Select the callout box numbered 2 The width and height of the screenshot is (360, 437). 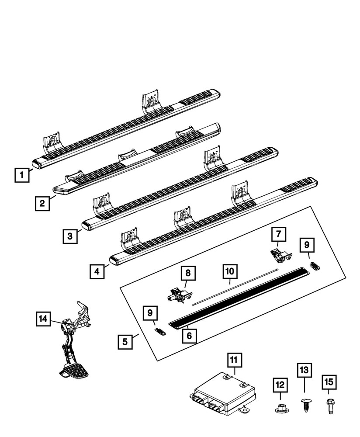click(x=42, y=203)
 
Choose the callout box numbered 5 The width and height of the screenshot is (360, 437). click(x=125, y=341)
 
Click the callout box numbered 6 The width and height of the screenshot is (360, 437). click(x=190, y=335)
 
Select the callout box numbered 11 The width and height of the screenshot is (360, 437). click(x=234, y=361)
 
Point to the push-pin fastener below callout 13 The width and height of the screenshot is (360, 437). click(x=305, y=404)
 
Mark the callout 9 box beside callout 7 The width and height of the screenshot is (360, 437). click(x=307, y=246)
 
